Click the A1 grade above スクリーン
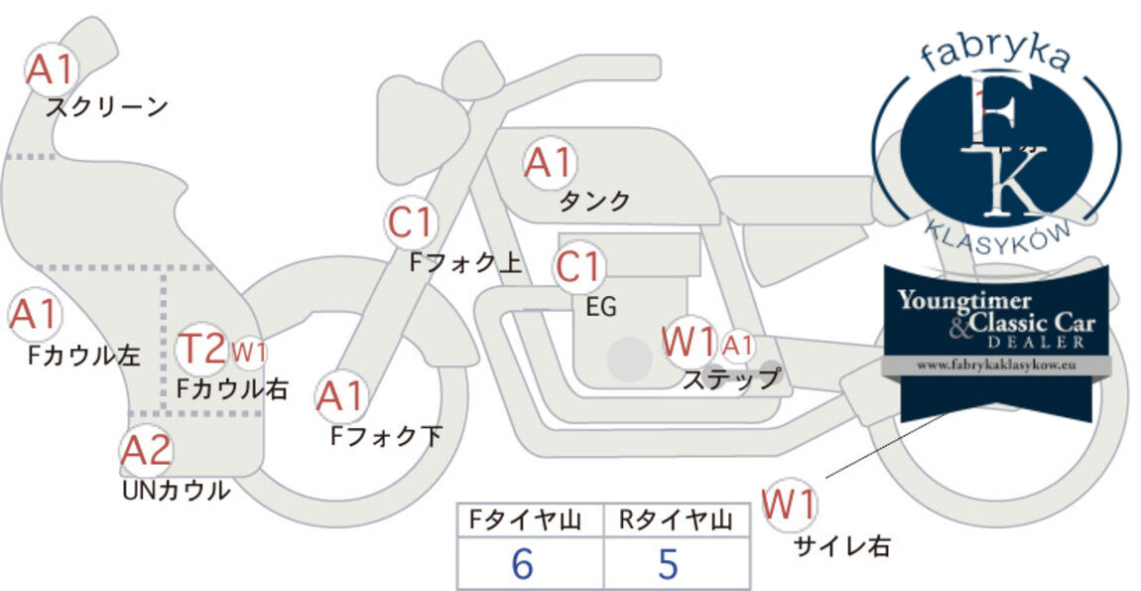pyautogui.click(x=51, y=70)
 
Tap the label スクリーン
pyautogui.click(x=107, y=107)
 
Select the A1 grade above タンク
pyautogui.click(x=550, y=163)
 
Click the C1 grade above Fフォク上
pyautogui.click(x=412, y=223)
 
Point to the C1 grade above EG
pyautogui.click(x=578, y=267)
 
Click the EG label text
pyautogui.click(x=601, y=307)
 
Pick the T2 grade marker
pyautogui.click(x=201, y=349)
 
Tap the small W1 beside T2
pyautogui.click(x=249, y=353)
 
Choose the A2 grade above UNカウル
pyautogui.click(x=146, y=450)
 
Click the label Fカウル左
pyautogui.click(x=83, y=355)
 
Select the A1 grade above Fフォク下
pyautogui.click(x=340, y=397)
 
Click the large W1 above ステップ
pyautogui.click(x=689, y=341)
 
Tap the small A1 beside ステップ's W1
pyautogui.click(x=738, y=346)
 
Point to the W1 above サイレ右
pyautogui.click(x=789, y=505)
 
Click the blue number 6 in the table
pyautogui.click(x=523, y=563)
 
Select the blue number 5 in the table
pyautogui.click(x=668, y=563)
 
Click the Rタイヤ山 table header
pyautogui.click(x=676, y=520)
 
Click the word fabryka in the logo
pyautogui.click(x=995, y=54)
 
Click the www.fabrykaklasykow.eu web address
pyautogui.click(x=996, y=365)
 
